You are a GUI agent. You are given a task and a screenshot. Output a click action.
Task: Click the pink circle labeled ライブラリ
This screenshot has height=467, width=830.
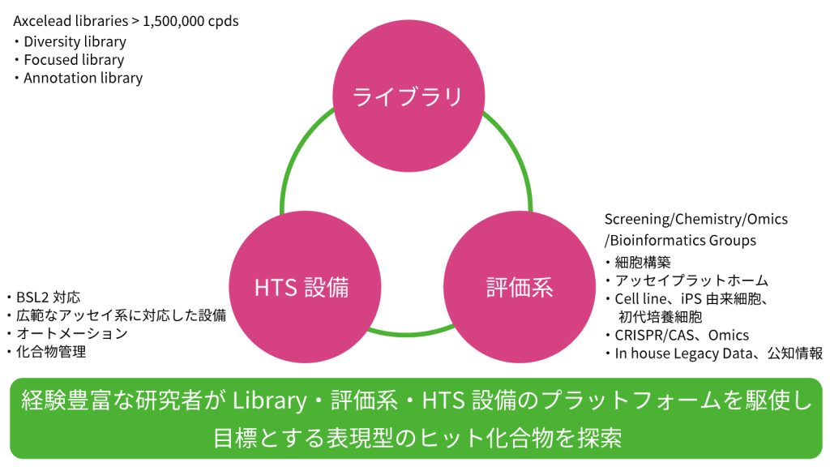click(x=408, y=96)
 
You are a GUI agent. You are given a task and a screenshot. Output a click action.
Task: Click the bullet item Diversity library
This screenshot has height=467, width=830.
click(x=75, y=41)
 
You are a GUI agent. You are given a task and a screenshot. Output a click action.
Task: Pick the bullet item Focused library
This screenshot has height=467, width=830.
click(x=74, y=60)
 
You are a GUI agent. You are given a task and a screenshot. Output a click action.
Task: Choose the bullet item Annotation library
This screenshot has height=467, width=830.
click(x=83, y=79)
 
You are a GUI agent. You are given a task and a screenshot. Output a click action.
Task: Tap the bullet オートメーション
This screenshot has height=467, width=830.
click(x=71, y=333)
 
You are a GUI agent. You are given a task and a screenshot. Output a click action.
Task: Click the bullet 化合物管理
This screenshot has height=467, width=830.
click(x=50, y=352)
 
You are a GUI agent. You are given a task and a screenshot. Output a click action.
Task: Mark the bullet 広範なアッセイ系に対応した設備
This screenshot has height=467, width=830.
click(x=120, y=315)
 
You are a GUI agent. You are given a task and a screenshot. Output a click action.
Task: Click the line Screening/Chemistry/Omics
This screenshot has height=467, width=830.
click(x=695, y=220)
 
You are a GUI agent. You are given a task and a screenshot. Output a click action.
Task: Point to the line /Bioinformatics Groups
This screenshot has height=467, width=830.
click(x=680, y=240)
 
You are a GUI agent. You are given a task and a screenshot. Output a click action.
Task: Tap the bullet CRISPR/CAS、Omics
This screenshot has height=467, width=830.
click(x=681, y=335)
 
